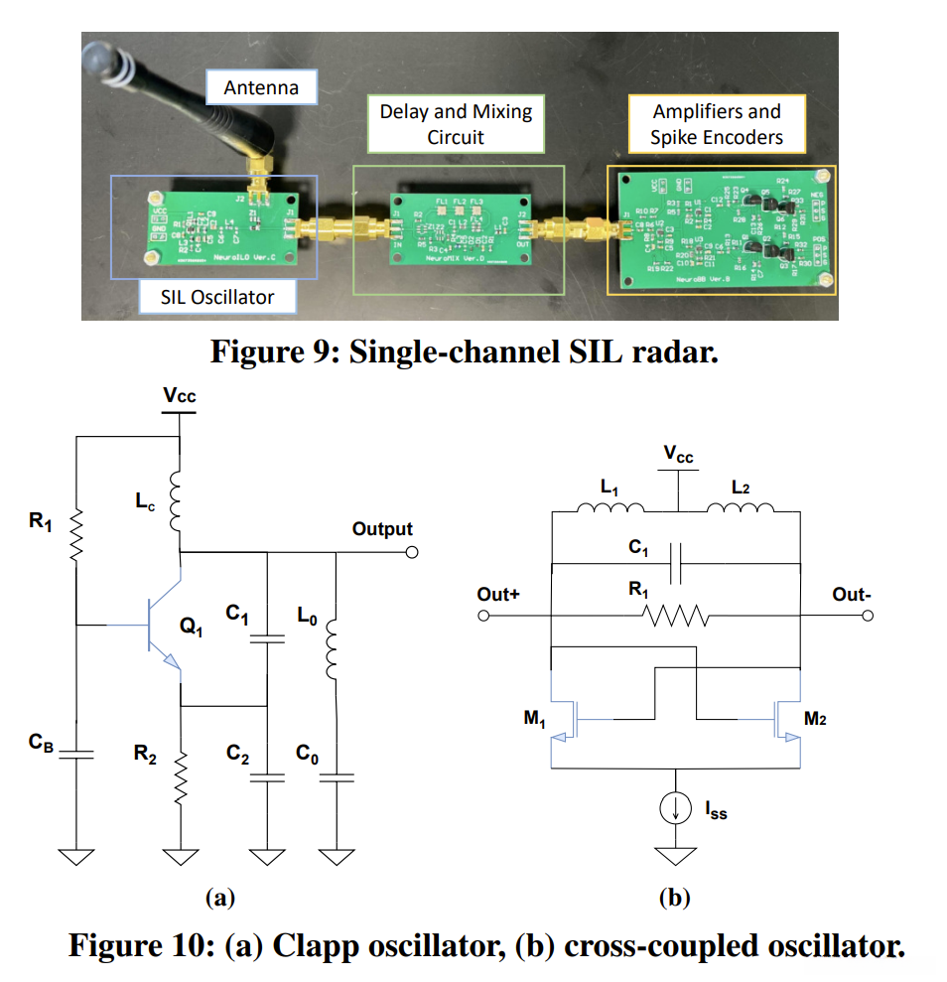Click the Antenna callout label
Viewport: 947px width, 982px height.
coord(261,87)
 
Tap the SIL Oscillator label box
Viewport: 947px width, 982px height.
coord(217,296)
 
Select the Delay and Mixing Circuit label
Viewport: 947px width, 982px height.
coord(456,124)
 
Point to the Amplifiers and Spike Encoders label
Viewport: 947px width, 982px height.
coord(716,124)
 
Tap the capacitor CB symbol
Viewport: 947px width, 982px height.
coord(76,754)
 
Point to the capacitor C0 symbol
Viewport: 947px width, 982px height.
coord(335,777)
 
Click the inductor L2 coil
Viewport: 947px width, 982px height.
coord(740,510)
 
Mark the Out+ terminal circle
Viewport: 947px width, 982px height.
coord(484,617)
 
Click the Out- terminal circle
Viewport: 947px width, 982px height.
coord(869,617)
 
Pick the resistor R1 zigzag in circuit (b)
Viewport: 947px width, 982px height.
coord(675,618)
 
